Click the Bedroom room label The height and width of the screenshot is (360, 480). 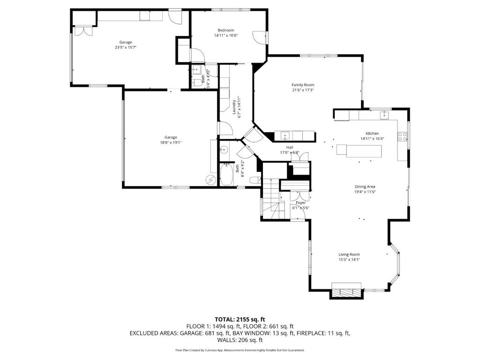pos(225,30)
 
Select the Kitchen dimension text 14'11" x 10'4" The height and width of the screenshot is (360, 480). pos(372,139)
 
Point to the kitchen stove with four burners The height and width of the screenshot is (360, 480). pos(402,136)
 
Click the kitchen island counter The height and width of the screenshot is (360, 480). pos(359,151)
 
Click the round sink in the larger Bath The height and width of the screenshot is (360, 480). pos(224,150)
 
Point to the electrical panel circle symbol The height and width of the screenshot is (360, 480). pos(210,180)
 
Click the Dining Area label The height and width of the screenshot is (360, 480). pos(365,187)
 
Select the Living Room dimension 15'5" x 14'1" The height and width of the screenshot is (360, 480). pos(349,260)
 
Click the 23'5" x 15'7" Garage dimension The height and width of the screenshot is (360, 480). pos(125,47)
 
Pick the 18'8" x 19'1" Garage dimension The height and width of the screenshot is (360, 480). pos(171,142)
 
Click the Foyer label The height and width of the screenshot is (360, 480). pos(300,202)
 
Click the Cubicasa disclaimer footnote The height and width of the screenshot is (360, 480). pos(240,350)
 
